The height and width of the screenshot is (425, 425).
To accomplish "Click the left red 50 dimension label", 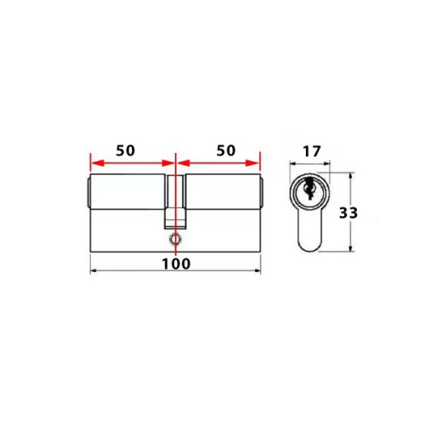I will [x=126, y=150].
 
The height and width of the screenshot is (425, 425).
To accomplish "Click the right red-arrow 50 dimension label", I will [x=224, y=150].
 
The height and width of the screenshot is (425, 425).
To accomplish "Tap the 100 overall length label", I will [x=175, y=263].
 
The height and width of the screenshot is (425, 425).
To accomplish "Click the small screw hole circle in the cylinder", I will [x=175, y=241].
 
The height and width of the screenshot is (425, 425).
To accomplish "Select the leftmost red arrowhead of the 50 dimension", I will [x=93, y=161].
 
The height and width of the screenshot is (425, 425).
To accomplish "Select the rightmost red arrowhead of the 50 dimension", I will [x=256, y=161].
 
